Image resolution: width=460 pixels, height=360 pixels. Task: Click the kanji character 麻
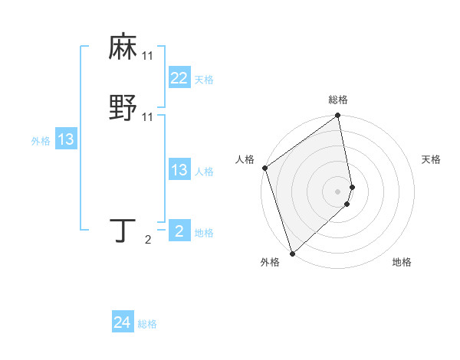point(123,47)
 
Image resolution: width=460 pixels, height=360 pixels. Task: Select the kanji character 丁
point(123,231)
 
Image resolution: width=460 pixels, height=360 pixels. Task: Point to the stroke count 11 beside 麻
point(147,56)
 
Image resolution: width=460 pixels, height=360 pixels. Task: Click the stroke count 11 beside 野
point(147,116)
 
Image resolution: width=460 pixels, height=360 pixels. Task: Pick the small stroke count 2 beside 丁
point(148,240)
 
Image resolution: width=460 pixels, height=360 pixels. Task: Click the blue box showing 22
point(179,77)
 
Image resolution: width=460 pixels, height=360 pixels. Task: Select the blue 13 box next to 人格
point(179,170)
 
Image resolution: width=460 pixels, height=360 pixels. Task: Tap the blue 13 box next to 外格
point(65,139)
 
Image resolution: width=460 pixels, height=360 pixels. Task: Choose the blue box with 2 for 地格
point(179,231)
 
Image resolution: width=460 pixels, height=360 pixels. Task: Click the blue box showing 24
point(123,322)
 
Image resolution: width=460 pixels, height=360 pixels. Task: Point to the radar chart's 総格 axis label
point(338,100)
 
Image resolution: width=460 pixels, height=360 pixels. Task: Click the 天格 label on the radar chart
point(431,159)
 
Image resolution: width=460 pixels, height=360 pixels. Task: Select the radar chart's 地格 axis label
point(402,262)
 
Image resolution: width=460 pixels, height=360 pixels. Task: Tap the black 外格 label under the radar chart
point(270,262)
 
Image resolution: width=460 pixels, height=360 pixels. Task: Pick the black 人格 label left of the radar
point(245,159)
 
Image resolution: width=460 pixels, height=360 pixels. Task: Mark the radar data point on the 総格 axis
point(338,116)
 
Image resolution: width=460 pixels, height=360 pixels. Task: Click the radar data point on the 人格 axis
point(264,168)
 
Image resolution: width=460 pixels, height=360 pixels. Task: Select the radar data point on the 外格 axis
point(292,253)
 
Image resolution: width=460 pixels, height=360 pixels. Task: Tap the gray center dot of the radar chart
point(338,191)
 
